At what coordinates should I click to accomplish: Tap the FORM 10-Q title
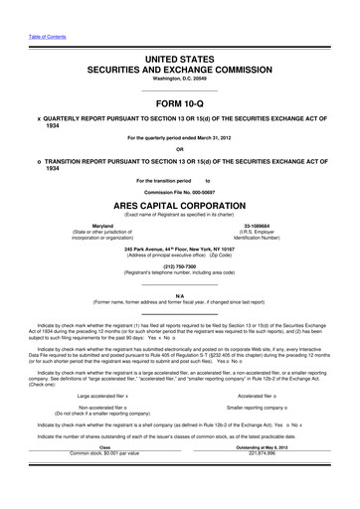(x=180, y=103)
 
